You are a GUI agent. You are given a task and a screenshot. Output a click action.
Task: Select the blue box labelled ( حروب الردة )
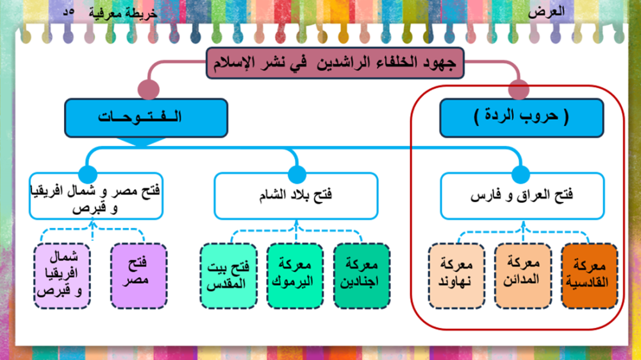pyautogui.click(x=520, y=117)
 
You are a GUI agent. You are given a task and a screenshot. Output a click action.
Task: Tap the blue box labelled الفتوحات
pyautogui.click(x=146, y=117)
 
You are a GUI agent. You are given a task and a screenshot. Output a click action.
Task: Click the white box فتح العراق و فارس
pyautogui.click(x=521, y=195)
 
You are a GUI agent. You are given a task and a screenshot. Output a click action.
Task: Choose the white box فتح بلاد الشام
pyautogui.click(x=296, y=195)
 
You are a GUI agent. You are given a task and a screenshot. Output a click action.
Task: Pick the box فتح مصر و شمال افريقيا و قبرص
pyautogui.click(x=95, y=195)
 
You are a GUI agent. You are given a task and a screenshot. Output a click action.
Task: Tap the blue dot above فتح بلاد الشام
pyautogui.click(x=297, y=173)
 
